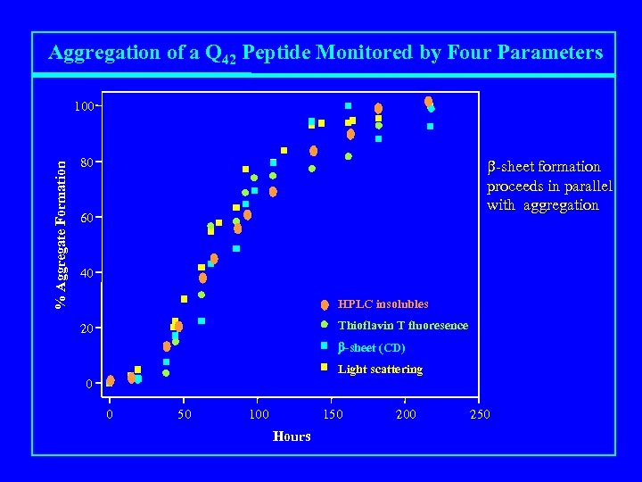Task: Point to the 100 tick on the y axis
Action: click(x=84, y=107)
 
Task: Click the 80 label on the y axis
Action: click(x=85, y=163)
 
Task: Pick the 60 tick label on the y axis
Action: click(x=85, y=219)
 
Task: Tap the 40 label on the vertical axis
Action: click(x=85, y=273)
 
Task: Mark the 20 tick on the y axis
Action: click(x=85, y=329)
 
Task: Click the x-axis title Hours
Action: click(x=292, y=436)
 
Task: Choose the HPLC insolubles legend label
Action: click(x=383, y=304)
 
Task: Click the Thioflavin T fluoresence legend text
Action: click(x=402, y=326)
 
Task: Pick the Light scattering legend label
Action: click(x=380, y=370)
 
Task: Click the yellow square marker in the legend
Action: click(x=325, y=367)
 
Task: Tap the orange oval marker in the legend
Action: click(x=325, y=304)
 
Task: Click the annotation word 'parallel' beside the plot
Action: click(x=587, y=186)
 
